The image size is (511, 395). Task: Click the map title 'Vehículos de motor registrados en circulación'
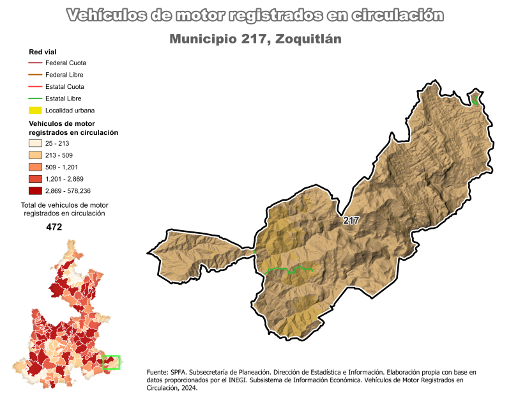[256, 15]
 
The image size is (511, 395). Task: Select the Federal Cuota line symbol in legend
[35, 63]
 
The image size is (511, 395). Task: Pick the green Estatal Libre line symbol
[35, 98]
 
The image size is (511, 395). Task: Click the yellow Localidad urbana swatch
[35, 110]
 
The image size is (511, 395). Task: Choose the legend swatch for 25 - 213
[35, 144]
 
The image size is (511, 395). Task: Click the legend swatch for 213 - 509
[35, 155]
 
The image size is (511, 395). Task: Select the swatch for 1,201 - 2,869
[35, 179]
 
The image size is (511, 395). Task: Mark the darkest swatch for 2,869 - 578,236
[35, 190]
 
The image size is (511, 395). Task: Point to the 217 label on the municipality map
[351, 221]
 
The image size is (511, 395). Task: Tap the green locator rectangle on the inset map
[111, 362]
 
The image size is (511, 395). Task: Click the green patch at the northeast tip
[475, 100]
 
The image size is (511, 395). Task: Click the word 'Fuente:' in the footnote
[158, 372]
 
